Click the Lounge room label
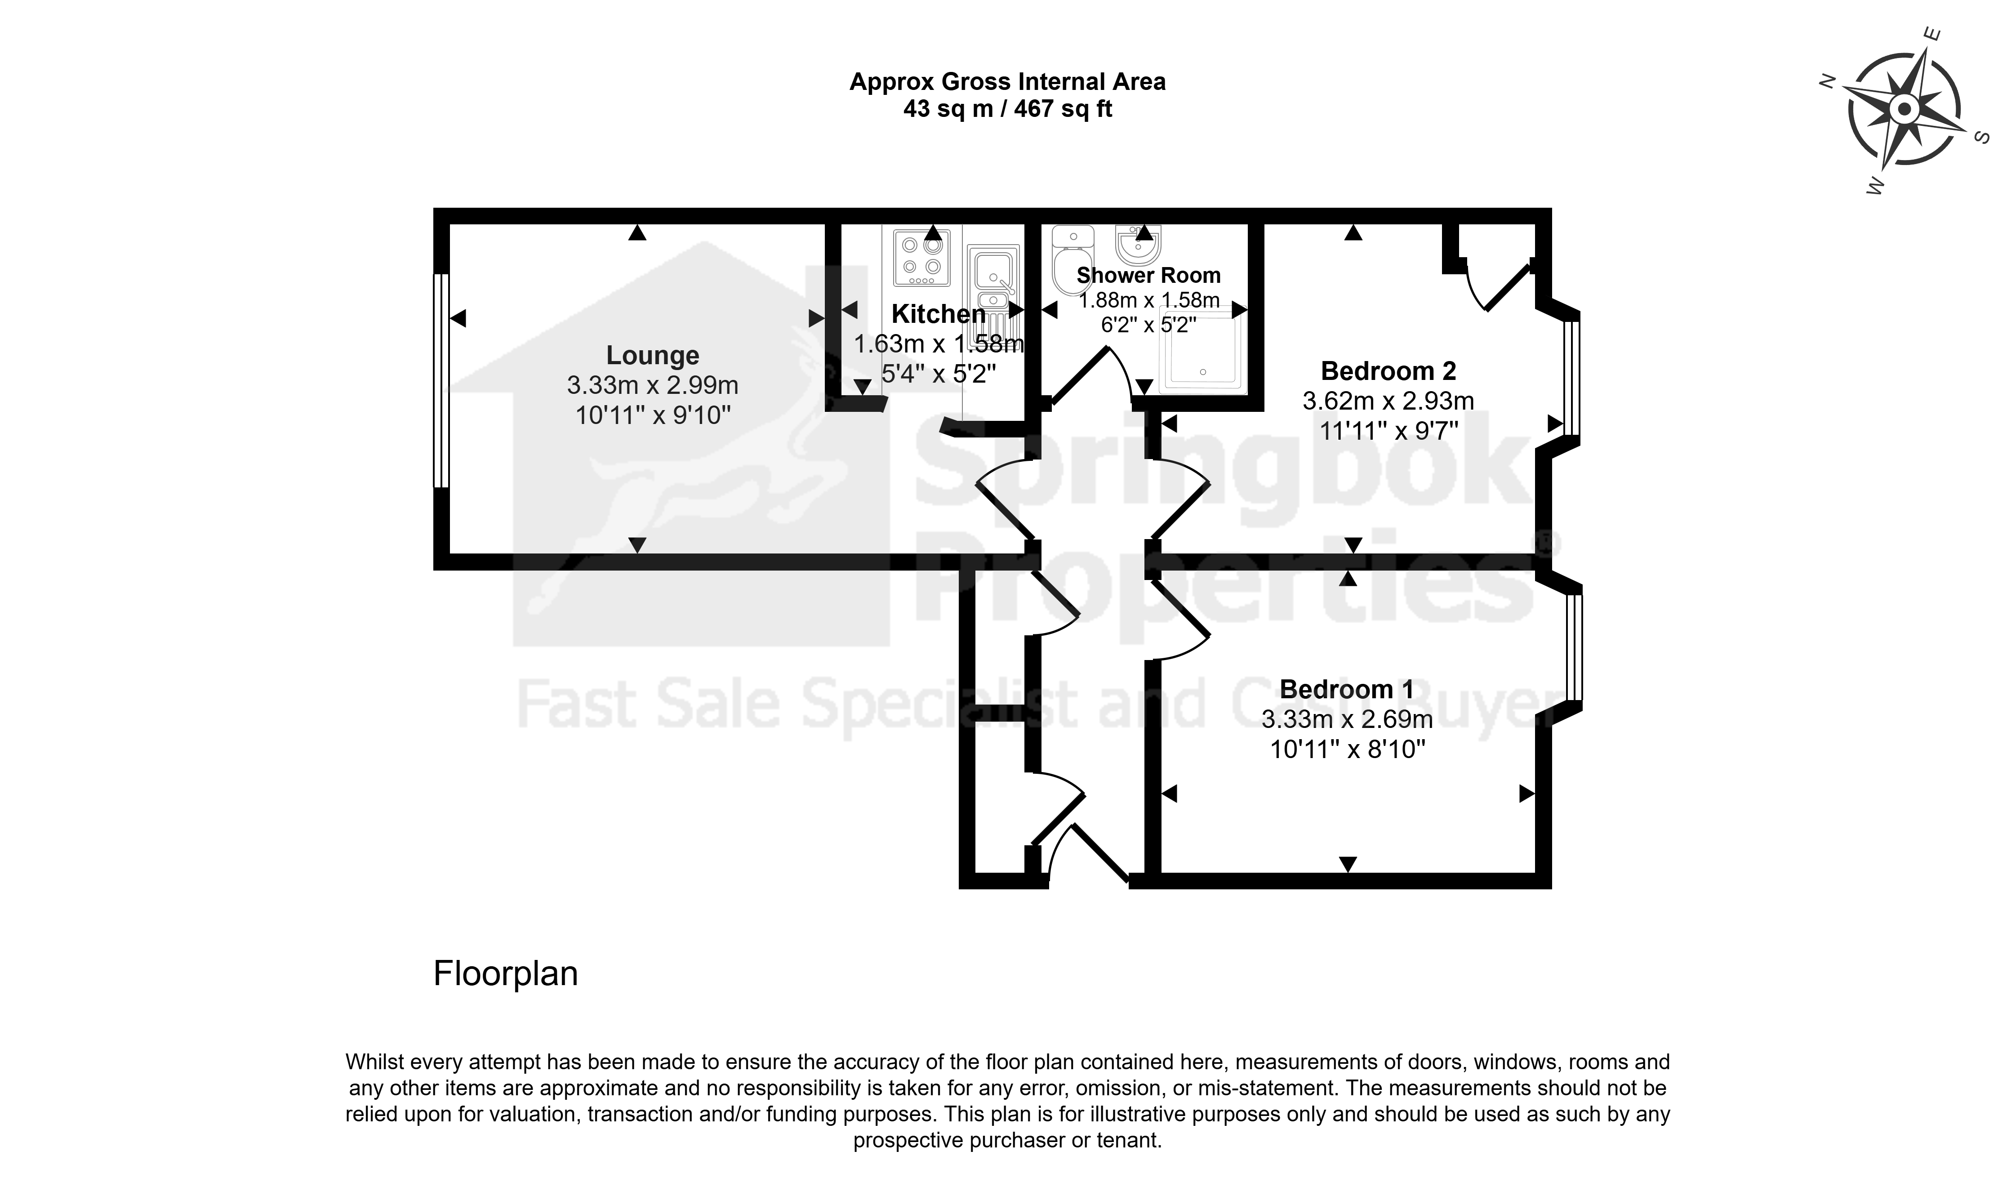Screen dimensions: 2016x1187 [653, 355]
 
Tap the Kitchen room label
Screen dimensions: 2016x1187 [939, 314]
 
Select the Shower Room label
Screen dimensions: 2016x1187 [1149, 275]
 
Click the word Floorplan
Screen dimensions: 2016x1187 [506, 974]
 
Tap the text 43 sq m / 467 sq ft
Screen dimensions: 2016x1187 [1008, 109]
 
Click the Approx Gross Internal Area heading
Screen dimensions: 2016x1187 [1008, 82]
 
